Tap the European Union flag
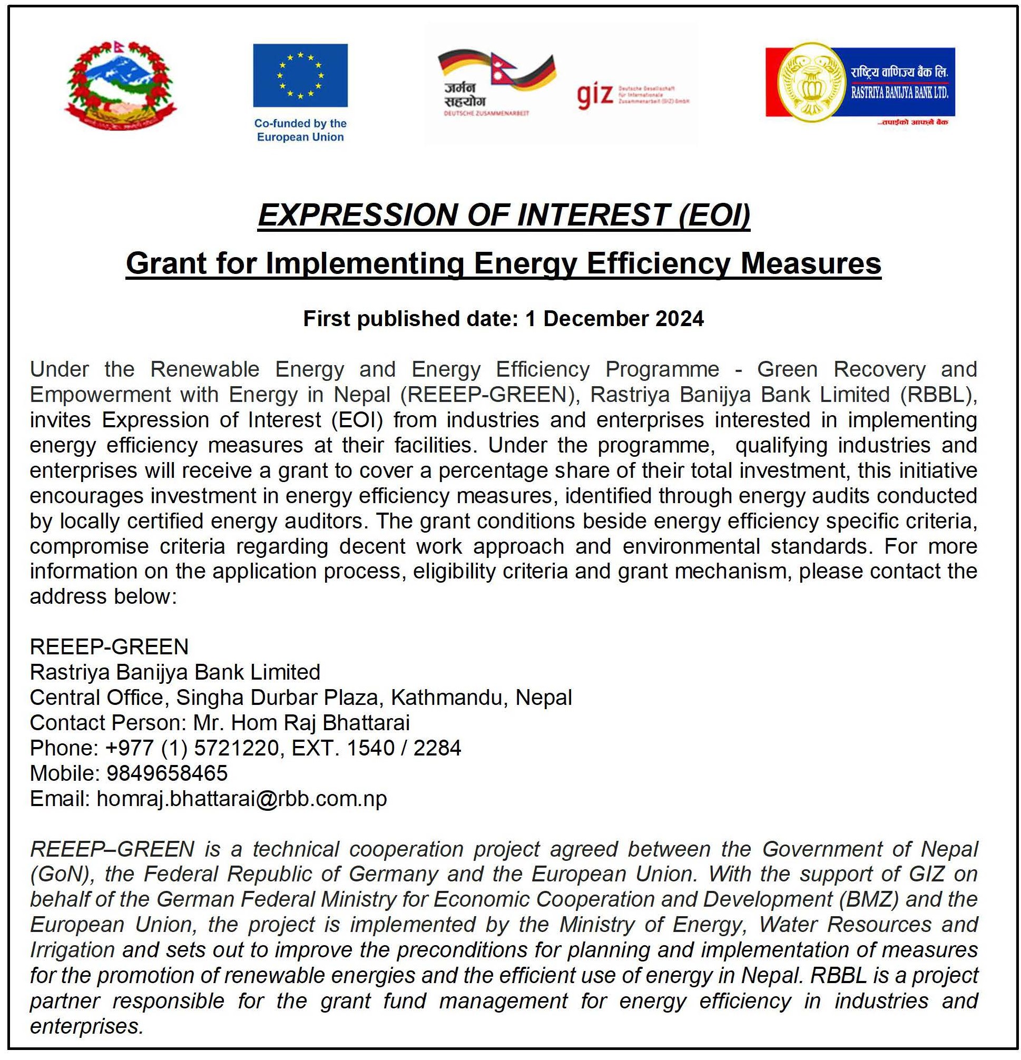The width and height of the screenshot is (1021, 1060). click(300, 75)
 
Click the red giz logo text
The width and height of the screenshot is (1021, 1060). click(595, 97)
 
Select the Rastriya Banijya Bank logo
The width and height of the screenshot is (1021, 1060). click(860, 82)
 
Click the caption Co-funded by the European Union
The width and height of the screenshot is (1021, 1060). click(300, 130)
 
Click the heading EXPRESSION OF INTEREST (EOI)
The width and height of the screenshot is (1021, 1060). click(504, 215)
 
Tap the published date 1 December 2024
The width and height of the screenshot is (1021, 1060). click(614, 319)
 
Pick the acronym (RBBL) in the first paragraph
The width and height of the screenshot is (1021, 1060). click(938, 395)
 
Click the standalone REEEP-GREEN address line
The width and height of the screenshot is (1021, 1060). click(109, 647)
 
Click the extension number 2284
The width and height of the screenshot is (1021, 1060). click(437, 748)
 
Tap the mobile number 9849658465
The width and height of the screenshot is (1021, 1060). click(167, 773)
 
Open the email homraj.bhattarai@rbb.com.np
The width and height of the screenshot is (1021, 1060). click(242, 799)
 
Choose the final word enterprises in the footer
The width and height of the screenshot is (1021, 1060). click(86, 1026)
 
